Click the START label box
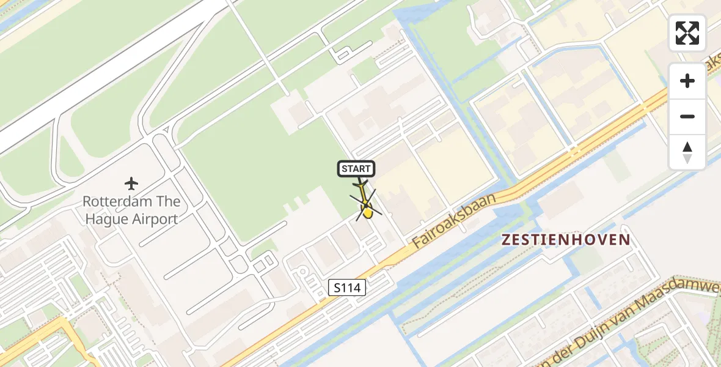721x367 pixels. pyautogui.click(x=356, y=169)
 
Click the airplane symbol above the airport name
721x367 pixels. pyautogui.click(x=131, y=183)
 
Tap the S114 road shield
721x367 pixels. pyautogui.click(x=346, y=287)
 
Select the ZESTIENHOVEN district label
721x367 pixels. pyautogui.click(x=565, y=239)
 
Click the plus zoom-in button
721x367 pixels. pyautogui.click(x=687, y=81)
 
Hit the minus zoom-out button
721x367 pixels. pyautogui.click(x=687, y=116)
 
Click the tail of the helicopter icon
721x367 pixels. pyautogui.click(x=360, y=184)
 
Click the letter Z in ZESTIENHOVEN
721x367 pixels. pyautogui.click(x=506, y=239)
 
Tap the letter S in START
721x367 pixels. pyautogui.click(x=345, y=169)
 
